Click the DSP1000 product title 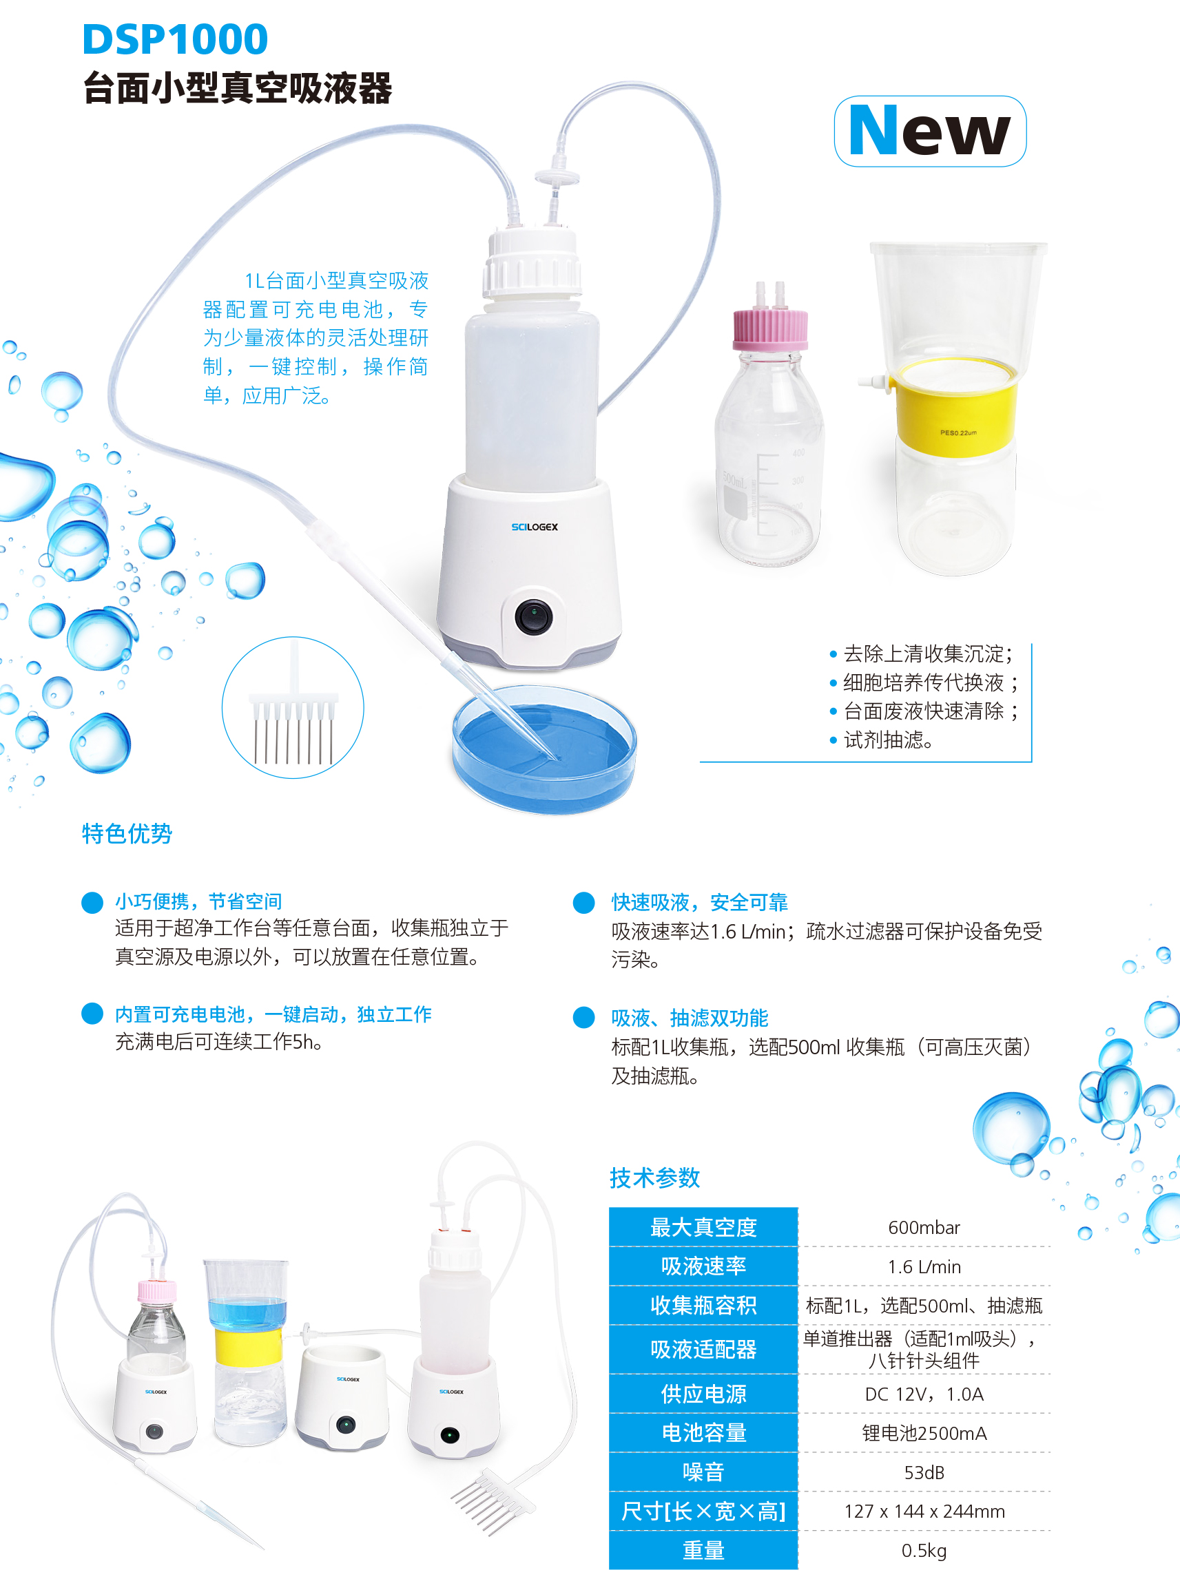tap(175, 39)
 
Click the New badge tap(929, 132)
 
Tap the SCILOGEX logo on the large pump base tap(535, 527)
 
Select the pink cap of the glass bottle tap(770, 329)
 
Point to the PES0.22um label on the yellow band tap(958, 432)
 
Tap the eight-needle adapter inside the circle tap(293, 721)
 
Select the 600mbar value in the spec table tap(924, 1227)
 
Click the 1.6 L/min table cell tap(924, 1266)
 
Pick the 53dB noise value tap(924, 1472)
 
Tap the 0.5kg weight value tap(924, 1550)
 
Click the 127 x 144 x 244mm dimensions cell tap(924, 1511)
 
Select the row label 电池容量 tap(703, 1433)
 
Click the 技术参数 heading tap(654, 1178)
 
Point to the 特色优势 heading tap(127, 833)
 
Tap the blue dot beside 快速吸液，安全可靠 tap(583, 903)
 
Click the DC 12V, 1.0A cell tap(924, 1394)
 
